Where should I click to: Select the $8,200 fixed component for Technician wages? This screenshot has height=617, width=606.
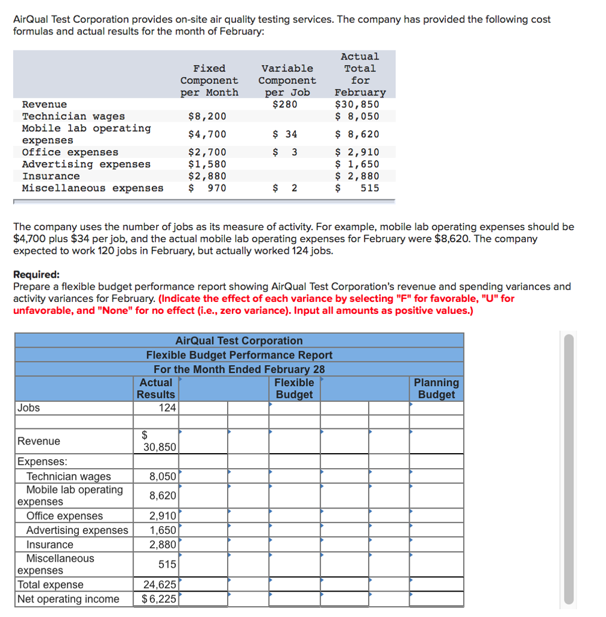208,116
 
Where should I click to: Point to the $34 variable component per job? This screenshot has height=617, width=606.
286,134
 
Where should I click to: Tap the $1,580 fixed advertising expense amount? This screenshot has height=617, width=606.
208,164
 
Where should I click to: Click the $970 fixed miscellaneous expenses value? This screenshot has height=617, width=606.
208,188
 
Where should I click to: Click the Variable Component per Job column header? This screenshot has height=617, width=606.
287,80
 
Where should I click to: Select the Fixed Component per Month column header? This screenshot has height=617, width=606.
209,80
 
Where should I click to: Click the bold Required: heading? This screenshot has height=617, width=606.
36,274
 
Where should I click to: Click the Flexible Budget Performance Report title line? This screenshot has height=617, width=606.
239,355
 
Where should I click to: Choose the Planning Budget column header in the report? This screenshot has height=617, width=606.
436,389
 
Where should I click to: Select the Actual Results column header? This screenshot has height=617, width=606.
155,389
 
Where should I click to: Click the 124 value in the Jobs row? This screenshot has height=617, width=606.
167,408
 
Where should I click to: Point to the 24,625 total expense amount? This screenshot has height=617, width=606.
160,584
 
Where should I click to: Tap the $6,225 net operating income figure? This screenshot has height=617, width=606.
159,599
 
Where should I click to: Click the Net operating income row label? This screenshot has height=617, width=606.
69,599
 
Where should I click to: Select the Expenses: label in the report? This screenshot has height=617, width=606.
42,462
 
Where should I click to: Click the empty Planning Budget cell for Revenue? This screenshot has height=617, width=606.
436,441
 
